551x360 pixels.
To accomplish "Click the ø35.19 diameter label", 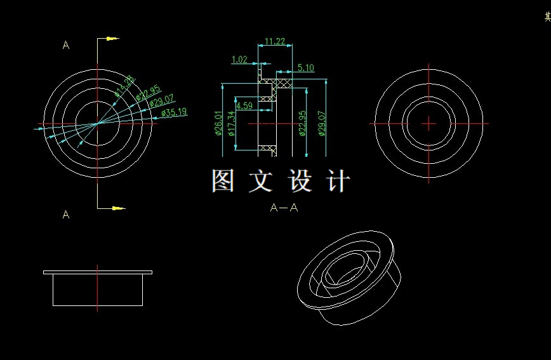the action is tap(173, 112).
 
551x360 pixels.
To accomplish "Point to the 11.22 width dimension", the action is tap(274, 42).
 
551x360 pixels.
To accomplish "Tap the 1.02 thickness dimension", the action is tap(239, 60).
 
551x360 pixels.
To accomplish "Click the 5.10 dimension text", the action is tap(305, 68).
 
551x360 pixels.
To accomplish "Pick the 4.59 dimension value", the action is tap(244, 105).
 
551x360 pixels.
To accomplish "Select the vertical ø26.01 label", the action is tap(218, 124).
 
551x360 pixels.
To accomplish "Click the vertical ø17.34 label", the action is tap(231, 124).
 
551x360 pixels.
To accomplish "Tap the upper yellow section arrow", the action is tap(112, 39).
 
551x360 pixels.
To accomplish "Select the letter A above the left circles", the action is tap(66, 45).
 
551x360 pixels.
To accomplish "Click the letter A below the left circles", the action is tap(66, 215).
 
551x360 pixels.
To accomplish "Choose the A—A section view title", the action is tap(284, 207).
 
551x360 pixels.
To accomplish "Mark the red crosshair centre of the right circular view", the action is tap(429, 123).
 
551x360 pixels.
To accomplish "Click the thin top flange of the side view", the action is tap(97, 272).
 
